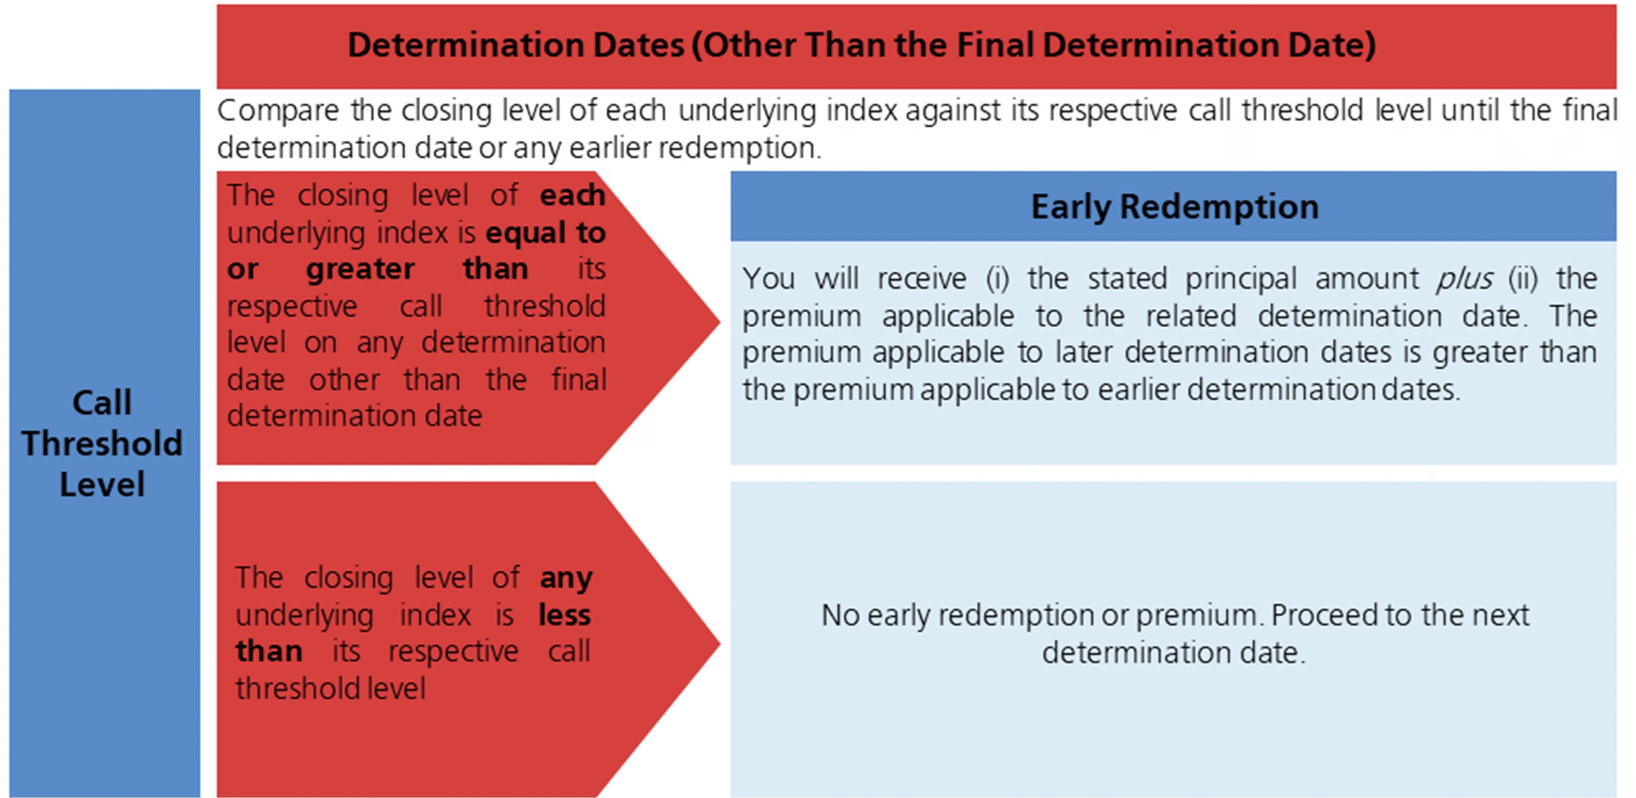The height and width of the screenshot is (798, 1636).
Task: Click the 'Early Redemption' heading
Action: (1174, 207)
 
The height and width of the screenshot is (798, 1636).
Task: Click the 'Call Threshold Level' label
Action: (102, 443)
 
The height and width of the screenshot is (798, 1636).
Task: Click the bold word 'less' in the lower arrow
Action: (564, 614)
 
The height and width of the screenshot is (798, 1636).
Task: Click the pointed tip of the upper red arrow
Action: (720, 321)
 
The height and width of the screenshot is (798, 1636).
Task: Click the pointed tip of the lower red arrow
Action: (720, 643)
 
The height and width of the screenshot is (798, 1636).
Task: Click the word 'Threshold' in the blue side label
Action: (102, 443)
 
